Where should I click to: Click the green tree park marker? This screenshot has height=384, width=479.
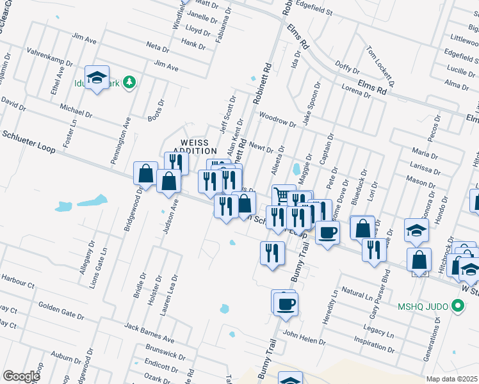(x=129, y=82)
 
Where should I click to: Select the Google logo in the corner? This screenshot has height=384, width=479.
(x=21, y=376)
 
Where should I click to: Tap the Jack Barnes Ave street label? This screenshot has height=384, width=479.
(x=150, y=332)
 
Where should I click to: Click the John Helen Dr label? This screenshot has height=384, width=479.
(x=304, y=337)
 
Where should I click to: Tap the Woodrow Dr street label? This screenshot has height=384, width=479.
(x=277, y=120)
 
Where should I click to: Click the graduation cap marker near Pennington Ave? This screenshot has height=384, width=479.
(x=97, y=77)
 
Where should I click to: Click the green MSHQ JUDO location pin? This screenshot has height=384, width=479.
(x=457, y=307)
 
